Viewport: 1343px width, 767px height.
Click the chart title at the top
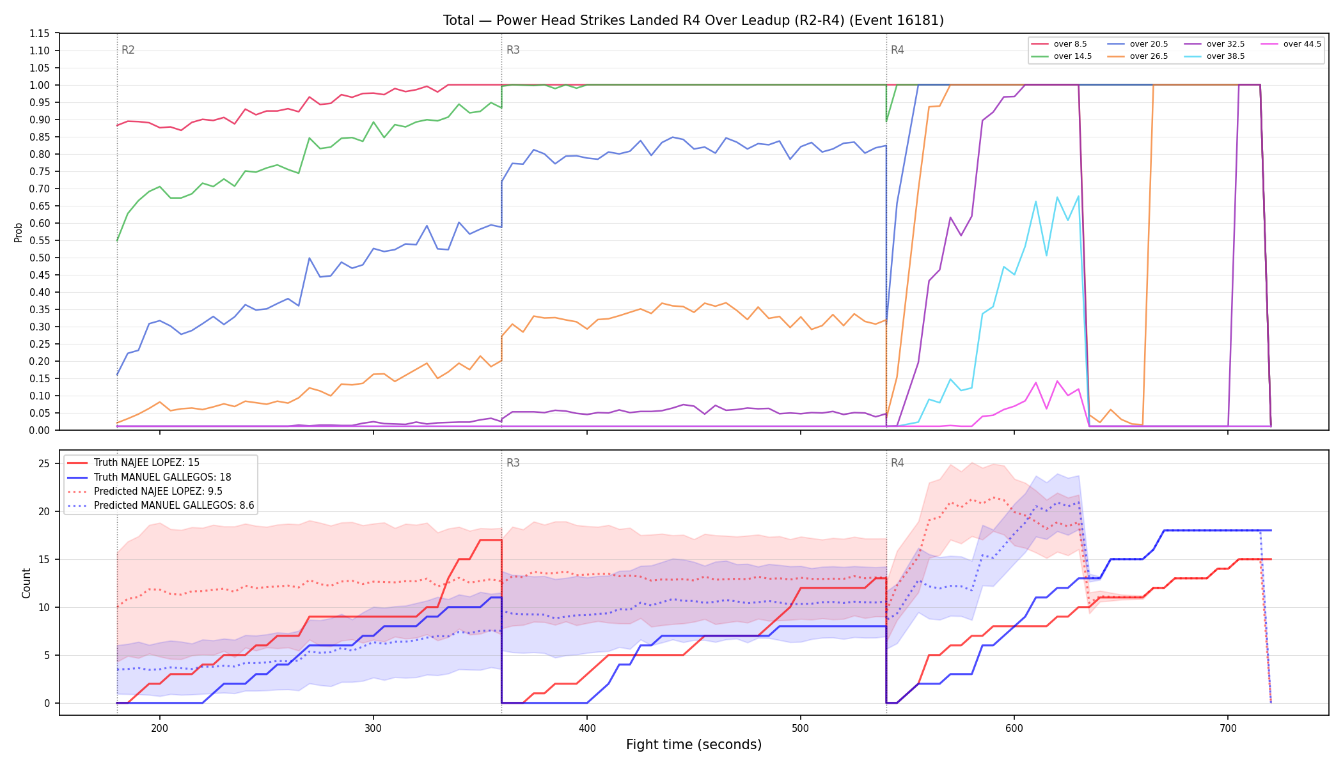pyautogui.click(x=693, y=20)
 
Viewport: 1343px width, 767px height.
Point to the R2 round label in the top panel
pyautogui.click(x=128, y=50)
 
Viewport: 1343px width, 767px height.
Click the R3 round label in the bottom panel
pyautogui.click(x=513, y=463)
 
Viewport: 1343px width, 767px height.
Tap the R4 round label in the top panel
pyautogui.click(x=897, y=50)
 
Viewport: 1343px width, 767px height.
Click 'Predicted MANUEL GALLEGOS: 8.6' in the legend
pyautogui.click(x=161, y=506)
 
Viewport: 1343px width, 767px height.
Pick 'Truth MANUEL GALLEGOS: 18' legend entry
pyautogui.click(x=149, y=477)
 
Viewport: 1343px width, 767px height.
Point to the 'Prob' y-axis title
pyautogui.click(x=18, y=232)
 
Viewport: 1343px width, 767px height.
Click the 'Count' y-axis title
pyautogui.click(x=26, y=583)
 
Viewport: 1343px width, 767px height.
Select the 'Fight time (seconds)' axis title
pyautogui.click(x=694, y=745)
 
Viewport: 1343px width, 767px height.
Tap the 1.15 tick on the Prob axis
pyautogui.click(x=40, y=33)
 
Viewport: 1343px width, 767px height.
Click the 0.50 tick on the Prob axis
pyautogui.click(x=40, y=258)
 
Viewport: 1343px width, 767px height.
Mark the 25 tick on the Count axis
pyautogui.click(x=44, y=463)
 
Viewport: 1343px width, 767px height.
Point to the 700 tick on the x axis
pyautogui.click(x=1228, y=727)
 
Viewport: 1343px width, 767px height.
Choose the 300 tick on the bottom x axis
pyautogui.click(x=373, y=727)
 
